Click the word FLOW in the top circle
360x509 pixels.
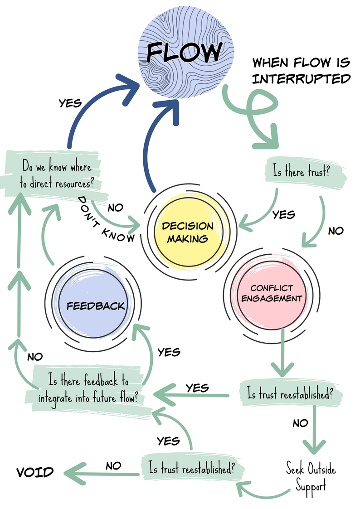(x=185, y=52)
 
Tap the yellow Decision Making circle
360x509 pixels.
(x=188, y=232)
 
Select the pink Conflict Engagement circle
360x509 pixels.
(x=272, y=294)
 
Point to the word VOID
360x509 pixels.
(x=35, y=472)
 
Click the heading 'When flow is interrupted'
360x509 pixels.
(x=301, y=71)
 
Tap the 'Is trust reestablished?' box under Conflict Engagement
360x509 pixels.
(x=290, y=393)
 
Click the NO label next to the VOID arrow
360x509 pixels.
(x=113, y=466)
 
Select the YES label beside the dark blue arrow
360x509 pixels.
(x=70, y=103)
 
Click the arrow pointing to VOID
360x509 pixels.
(x=101, y=474)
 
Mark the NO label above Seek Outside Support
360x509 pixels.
(x=300, y=423)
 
